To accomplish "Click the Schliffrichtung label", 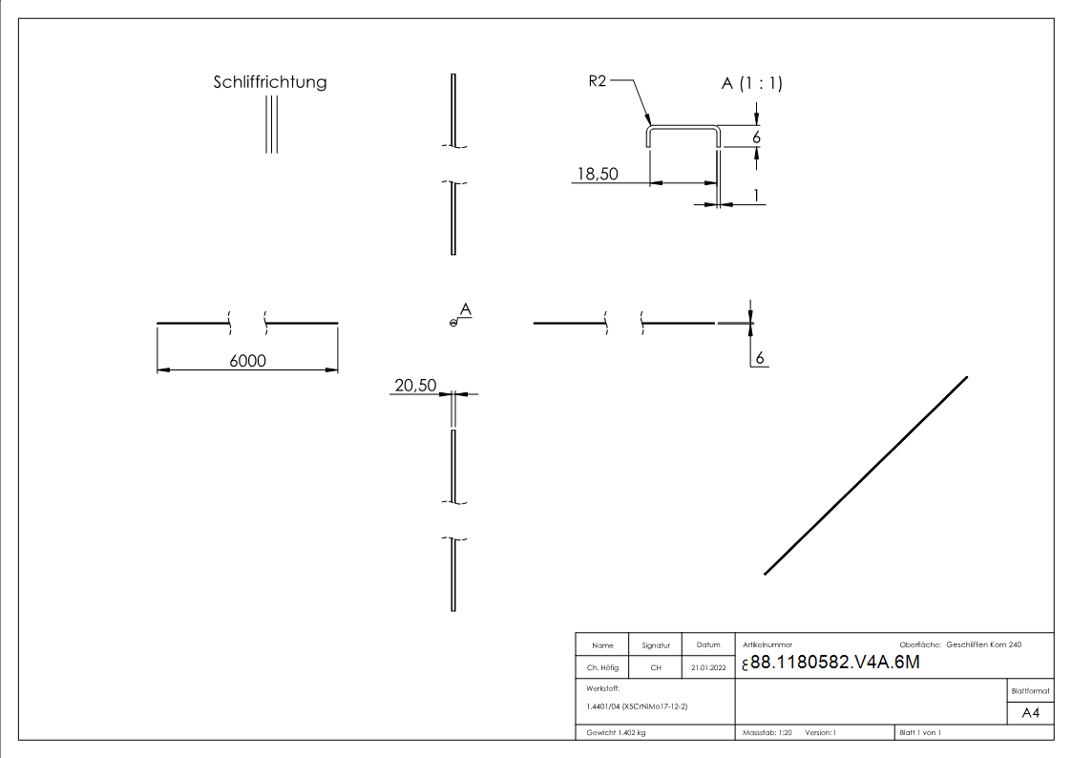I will pyautogui.click(x=269, y=82).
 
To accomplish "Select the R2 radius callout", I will pyautogui.click(x=598, y=82).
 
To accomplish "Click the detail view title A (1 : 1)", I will pyautogui.click(x=751, y=84).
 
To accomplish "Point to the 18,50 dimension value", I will pyautogui.click(x=595, y=173).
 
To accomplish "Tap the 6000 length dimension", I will pyautogui.click(x=247, y=360).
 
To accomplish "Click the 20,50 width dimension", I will pyautogui.click(x=414, y=385).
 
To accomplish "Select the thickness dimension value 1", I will pyautogui.click(x=756, y=195).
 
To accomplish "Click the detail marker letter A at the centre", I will pyautogui.click(x=465, y=309).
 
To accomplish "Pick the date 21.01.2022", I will pyautogui.click(x=707, y=667).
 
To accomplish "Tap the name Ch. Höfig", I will pyautogui.click(x=602, y=667).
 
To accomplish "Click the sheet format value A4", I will pyautogui.click(x=1031, y=713).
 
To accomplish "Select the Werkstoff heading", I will pyautogui.click(x=602, y=687).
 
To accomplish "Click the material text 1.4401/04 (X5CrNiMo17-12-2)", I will pyautogui.click(x=637, y=706).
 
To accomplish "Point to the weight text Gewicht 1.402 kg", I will pyautogui.click(x=616, y=732).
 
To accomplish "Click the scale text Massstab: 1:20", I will pyautogui.click(x=767, y=732).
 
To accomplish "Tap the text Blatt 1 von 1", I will pyautogui.click(x=920, y=732).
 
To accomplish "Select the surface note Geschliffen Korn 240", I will pyautogui.click(x=983, y=645).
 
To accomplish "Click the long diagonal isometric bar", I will pyautogui.click(x=866, y=475).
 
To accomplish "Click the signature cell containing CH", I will pyautogui.click(x=656, y=667).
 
